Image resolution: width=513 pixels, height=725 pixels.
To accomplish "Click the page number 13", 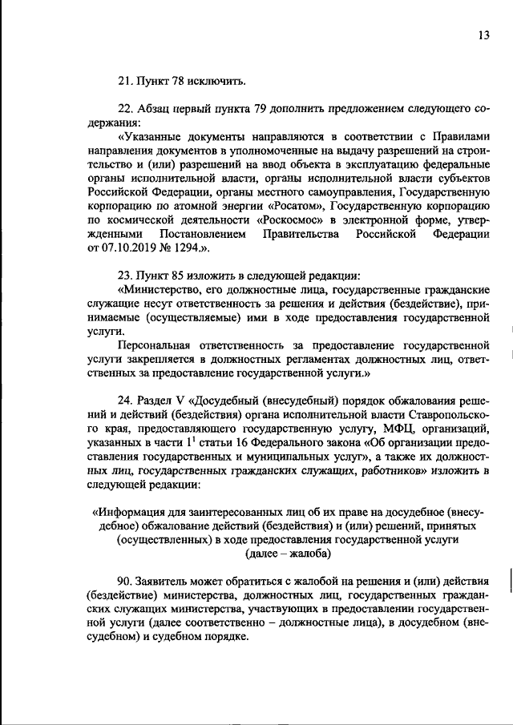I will pos(483,35).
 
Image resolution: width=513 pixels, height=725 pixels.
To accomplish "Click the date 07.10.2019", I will pos(125,248).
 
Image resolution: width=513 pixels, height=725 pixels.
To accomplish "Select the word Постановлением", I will pos(203,234).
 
